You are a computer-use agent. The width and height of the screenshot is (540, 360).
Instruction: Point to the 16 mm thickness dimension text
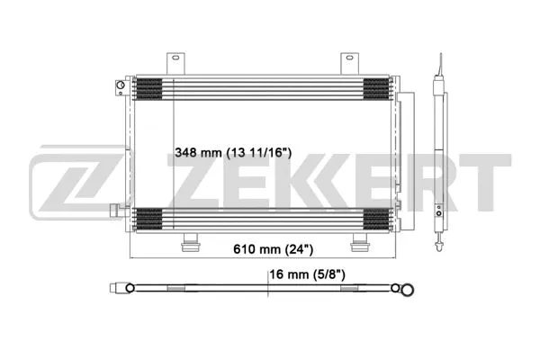(x=308, y=275)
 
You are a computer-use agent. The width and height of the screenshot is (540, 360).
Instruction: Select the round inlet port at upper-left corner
(x=119, y=87)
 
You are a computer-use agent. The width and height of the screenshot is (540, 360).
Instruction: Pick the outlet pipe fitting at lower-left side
(x=114, y=212)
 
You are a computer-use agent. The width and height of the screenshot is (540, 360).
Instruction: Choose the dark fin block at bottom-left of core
(x=148, y=219)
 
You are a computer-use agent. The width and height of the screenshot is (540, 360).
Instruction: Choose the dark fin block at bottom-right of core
(x=375, y=219)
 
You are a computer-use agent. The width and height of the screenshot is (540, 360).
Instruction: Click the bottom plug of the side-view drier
(x=438, y=241)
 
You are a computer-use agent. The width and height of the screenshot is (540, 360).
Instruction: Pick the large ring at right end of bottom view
(x=408, y=289)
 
